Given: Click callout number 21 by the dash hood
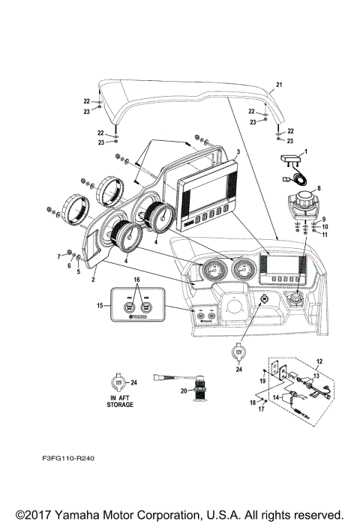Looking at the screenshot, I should tap(279, 84).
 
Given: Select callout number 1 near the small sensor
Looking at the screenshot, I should tap(305, 152).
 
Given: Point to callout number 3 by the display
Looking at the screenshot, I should tap(238, 152).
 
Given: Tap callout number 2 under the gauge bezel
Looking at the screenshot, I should tap(93, 278).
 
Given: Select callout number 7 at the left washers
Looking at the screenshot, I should tap(60, 256).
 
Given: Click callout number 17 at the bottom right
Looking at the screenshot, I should tap(262, 410).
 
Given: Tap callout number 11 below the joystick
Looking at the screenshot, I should tap(324, 234).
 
